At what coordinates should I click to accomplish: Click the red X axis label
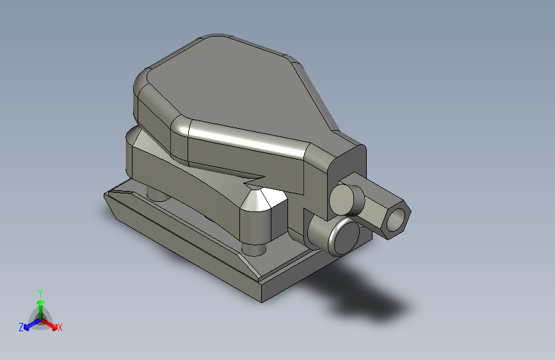(60, 328)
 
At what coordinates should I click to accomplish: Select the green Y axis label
(40, 291)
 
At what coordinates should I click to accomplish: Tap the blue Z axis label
(21, 327)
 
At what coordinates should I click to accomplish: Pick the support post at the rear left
(156, 193)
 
